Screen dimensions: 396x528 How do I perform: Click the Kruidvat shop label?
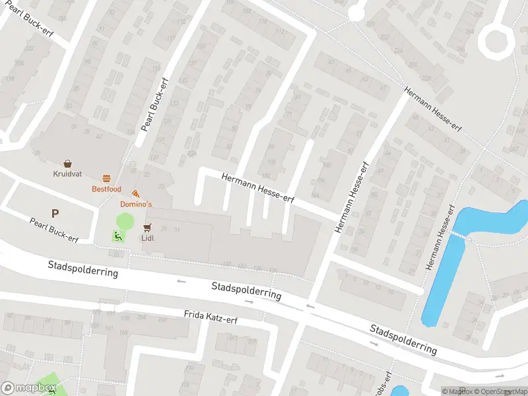pyautogui.click(x=67, y=174)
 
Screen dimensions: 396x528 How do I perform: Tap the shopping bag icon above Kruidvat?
pyautogui.click(x=67, y=163)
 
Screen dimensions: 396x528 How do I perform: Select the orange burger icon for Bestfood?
pyautogui.click(x=106, y=178)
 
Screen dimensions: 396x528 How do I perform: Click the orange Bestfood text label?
pyautogui.click(x=106, y=189)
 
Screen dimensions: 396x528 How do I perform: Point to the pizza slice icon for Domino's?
pyautogui.click(x=135, y=193)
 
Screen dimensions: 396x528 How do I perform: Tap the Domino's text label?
pyautogui.click(x=135, y=205)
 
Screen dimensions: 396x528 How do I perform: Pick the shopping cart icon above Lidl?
pyautogui.click(x=147, y=227)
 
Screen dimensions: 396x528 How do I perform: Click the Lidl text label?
pyautogui.click(x=147, y=238)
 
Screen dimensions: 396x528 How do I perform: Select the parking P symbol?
pyautogui.click(x=55, y=213)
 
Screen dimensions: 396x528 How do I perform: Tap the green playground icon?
pyautogui.click(x=118, y=236)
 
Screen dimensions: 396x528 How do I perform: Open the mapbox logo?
pyautogui.click(x=28, y=388)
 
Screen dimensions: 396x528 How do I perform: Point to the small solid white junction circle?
pyautogui.click(x=356, y=12)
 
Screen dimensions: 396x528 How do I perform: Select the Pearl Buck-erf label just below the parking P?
pyautogui.click(x=54, y=229)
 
